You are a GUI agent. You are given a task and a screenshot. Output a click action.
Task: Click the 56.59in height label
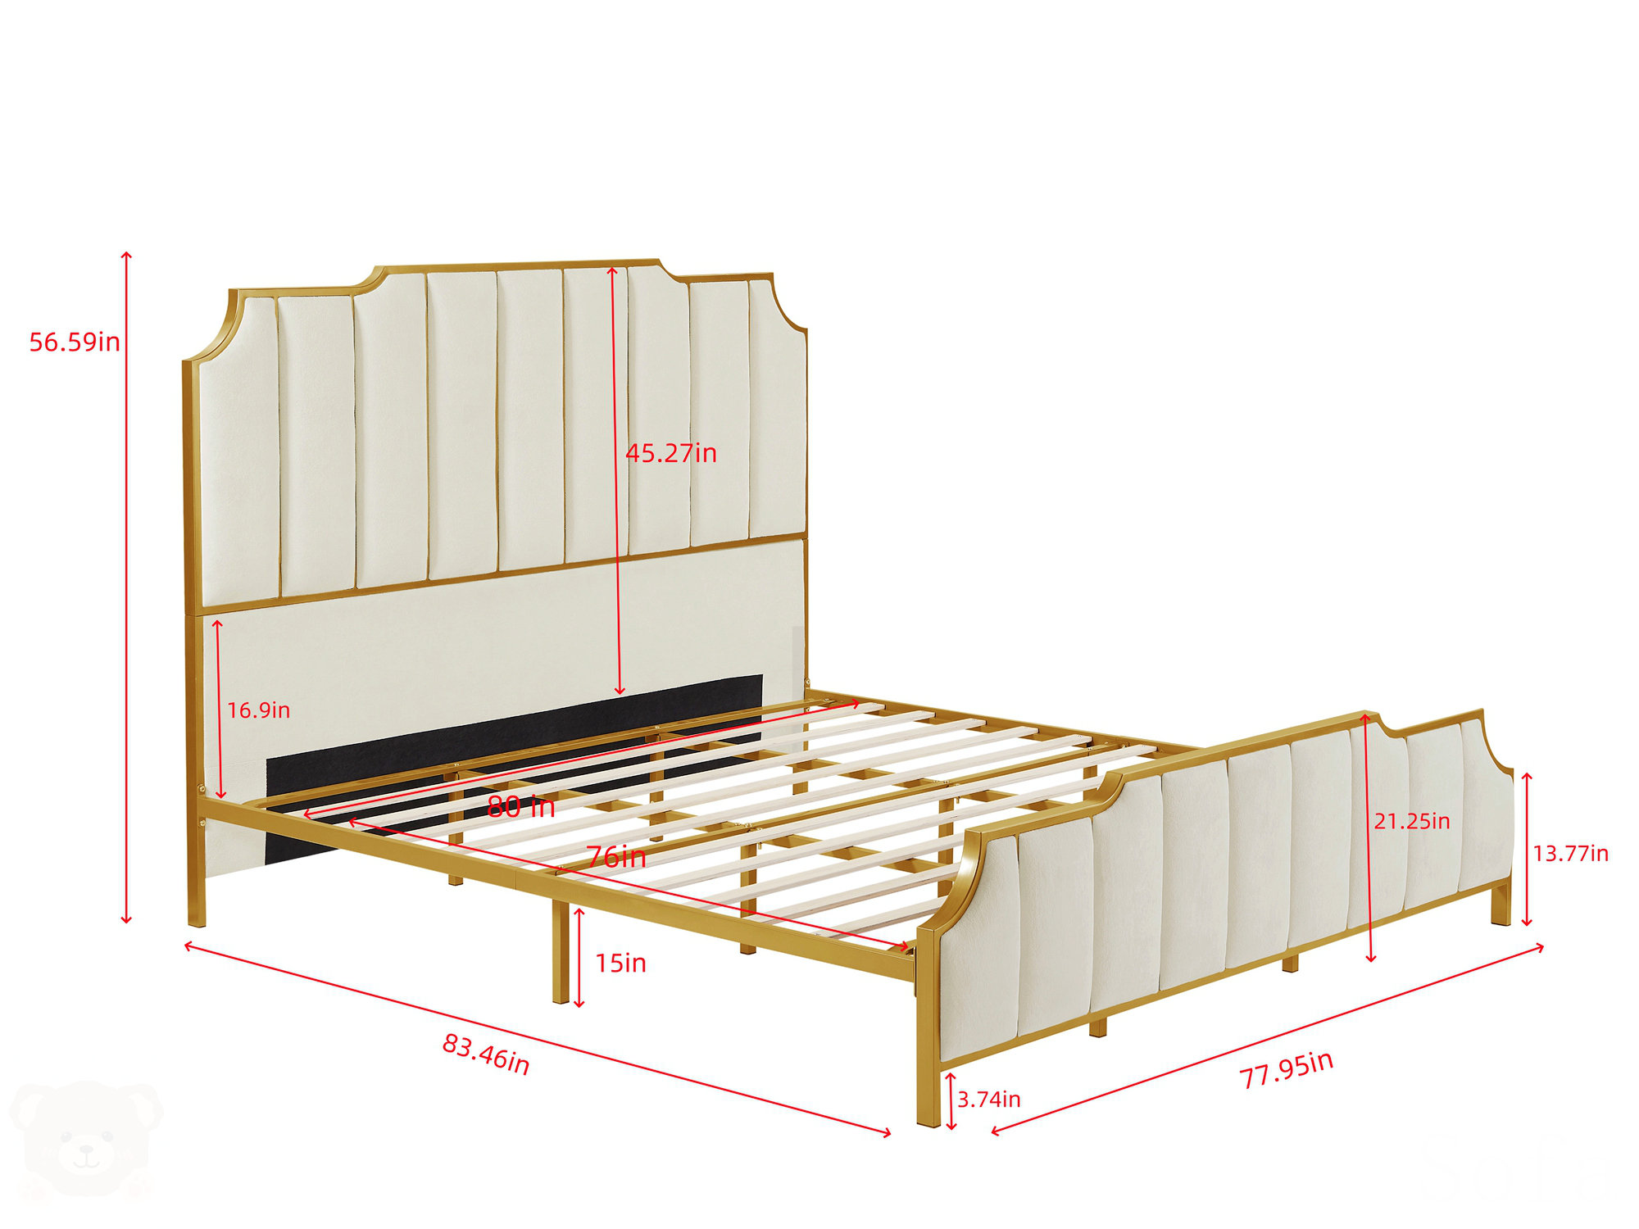[x=75, y=342]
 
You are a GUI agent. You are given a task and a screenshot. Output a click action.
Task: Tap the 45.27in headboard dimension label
[x=671, y=453]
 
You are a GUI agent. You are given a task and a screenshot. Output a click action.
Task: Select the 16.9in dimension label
[x=258, y=710]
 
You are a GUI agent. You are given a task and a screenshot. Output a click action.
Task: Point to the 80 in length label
[x=521, y=807]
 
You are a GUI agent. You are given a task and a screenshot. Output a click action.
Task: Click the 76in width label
[x=616, y=858]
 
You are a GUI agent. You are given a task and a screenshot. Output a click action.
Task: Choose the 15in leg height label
[x=620, y=964]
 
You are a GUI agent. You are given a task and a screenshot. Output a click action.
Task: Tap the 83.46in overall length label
[x=486, y=1054]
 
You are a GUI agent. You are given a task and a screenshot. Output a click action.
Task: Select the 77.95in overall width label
[x=1286, y=1070]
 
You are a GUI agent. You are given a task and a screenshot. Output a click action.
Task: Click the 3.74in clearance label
[x=989, y=1100]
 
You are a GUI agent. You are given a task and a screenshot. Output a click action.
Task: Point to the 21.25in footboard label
[x=1412, y=821]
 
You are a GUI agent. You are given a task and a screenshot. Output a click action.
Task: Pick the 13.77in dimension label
[x=1571, y=854]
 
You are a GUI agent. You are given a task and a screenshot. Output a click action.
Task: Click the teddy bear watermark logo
[x=86, y=1139]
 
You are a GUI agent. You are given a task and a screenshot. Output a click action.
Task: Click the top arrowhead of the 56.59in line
[x=127, y=255]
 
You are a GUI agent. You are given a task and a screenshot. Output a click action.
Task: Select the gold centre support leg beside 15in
[x=561, y=950]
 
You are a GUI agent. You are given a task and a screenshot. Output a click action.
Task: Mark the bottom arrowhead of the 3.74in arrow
[x=951, y=1127]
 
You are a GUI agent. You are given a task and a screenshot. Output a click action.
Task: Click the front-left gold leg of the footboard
[x=928, y=1090]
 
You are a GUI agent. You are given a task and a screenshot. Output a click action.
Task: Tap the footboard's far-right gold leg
[x=1501, y=905]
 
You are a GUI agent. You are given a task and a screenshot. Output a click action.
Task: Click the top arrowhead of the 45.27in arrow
[x=611, y=269]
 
